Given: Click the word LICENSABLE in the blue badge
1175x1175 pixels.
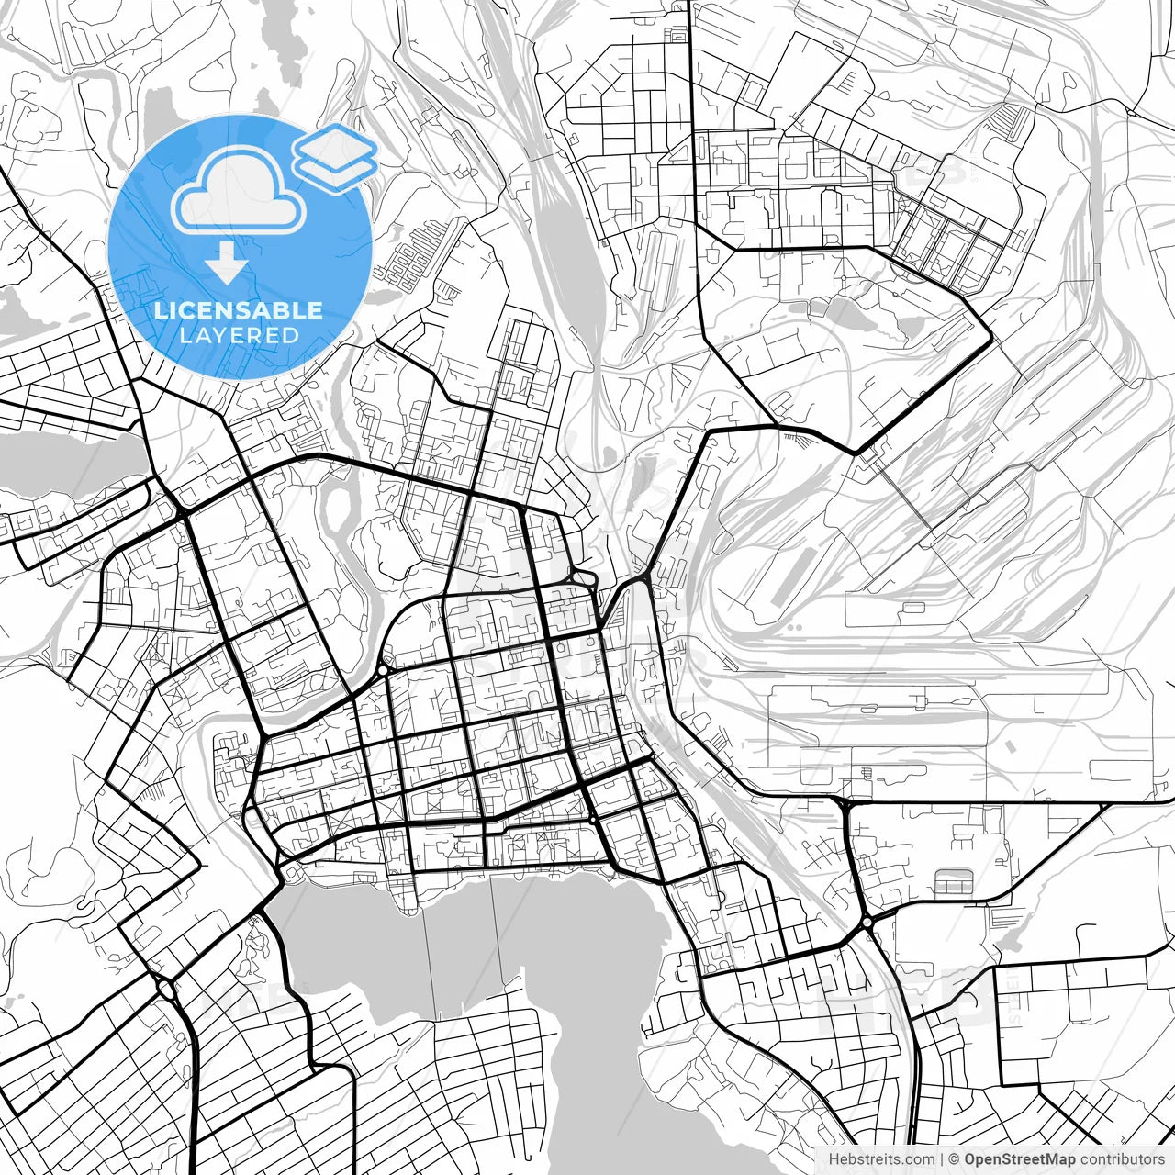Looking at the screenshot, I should (x=239, y=310).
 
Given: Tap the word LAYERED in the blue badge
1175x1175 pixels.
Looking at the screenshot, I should (x=239, y=335).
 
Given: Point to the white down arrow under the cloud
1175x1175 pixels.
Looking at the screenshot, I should (x=227, y=263).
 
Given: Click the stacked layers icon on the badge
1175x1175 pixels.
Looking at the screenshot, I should (x=335, y=156).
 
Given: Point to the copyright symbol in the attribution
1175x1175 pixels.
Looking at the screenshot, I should (x=954, y=1159).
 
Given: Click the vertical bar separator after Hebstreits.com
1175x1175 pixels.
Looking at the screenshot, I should (x=943, y=1159).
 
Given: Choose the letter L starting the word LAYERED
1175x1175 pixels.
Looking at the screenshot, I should (x=185, y=335).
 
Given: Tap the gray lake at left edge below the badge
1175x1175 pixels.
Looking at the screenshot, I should (x=64, y=464).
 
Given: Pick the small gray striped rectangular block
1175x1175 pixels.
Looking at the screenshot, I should (x=952, y=882).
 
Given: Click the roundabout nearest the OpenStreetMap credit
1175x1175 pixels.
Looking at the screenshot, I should (x=867, y=922).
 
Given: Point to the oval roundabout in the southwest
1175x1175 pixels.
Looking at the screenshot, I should (x=166, y=990).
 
